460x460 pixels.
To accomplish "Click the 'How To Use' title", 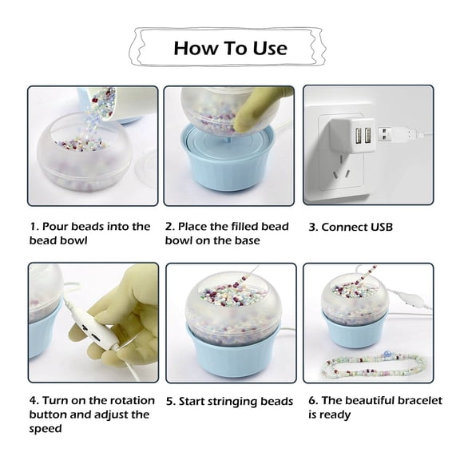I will pos(229,47).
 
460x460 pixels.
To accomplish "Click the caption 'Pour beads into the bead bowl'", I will pos(89,233).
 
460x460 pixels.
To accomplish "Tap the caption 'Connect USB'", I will pos(351,227).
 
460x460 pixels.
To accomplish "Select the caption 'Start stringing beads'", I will pos(229,401).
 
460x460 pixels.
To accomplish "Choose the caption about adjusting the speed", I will pos(89,414).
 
